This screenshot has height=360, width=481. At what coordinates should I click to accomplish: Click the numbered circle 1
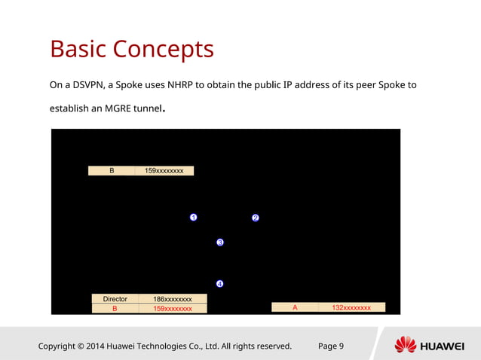coord(193,218)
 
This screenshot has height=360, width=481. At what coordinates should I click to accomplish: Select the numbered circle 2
coord(255,218)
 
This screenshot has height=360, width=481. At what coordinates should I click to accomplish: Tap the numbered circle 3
coord(220,243)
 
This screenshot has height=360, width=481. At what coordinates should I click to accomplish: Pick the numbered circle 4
coord(220,284)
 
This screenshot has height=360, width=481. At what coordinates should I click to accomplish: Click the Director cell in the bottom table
coord(115,299)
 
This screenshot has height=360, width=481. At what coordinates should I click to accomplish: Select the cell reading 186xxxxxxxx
coord(172,299)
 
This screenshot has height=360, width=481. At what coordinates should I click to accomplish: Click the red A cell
coord(295,307)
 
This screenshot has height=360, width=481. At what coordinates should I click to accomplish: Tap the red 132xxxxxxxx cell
coord(351,307)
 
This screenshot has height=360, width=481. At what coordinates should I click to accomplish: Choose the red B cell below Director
coord(115,308)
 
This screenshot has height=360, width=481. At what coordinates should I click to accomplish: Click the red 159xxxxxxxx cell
coord(172,308)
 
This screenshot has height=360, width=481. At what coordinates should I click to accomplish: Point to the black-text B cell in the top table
coord(112,171)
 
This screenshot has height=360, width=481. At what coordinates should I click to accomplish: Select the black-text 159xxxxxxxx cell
coord(164,171)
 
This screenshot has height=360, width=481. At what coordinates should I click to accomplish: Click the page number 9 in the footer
coord(341,346)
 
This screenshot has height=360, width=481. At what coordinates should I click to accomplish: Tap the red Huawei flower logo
coord(406,345)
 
